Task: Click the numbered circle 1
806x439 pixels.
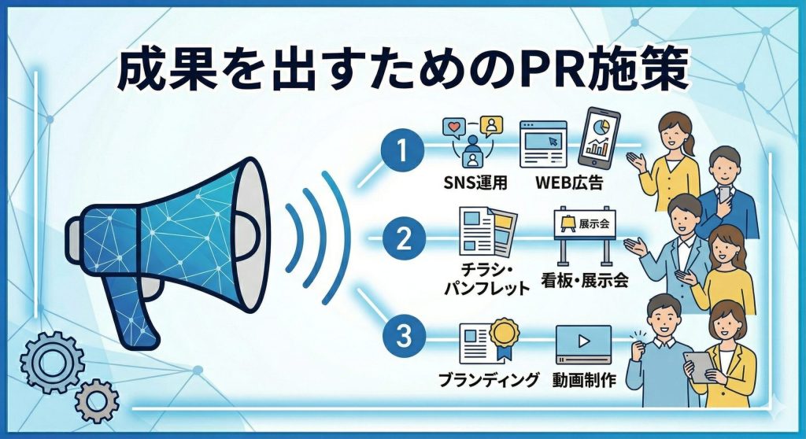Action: pos(402,150)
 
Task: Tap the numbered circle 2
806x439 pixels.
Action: pos(404,239)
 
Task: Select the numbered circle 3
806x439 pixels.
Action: pos(404,336)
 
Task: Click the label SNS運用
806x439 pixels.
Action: pos(475,183)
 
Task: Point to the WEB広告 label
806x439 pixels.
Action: pos(569,183)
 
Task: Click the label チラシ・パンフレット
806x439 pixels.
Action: pos(486,279)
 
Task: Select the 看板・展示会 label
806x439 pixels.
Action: pos(585,280)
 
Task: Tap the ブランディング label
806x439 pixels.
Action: pos(489,380)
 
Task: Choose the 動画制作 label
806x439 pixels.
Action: pos(584,380)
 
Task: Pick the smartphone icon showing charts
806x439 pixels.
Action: pos(599,137)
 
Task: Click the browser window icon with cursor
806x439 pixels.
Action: pos(543,145)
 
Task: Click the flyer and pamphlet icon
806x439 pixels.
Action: pos(488,232)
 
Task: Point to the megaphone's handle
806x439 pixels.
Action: pos(127,311)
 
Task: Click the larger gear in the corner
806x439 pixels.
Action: pos(52,363)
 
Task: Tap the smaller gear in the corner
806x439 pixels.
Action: pos(97,401)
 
